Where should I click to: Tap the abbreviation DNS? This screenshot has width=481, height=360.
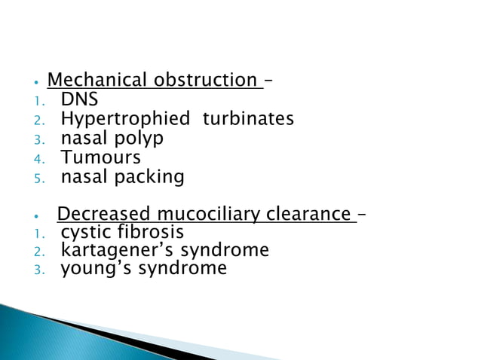coord(79,99)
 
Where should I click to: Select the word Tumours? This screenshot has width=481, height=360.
coord(100,158)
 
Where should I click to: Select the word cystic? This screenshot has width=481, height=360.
coord(84,232)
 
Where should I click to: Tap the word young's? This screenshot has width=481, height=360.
coord(94,269)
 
